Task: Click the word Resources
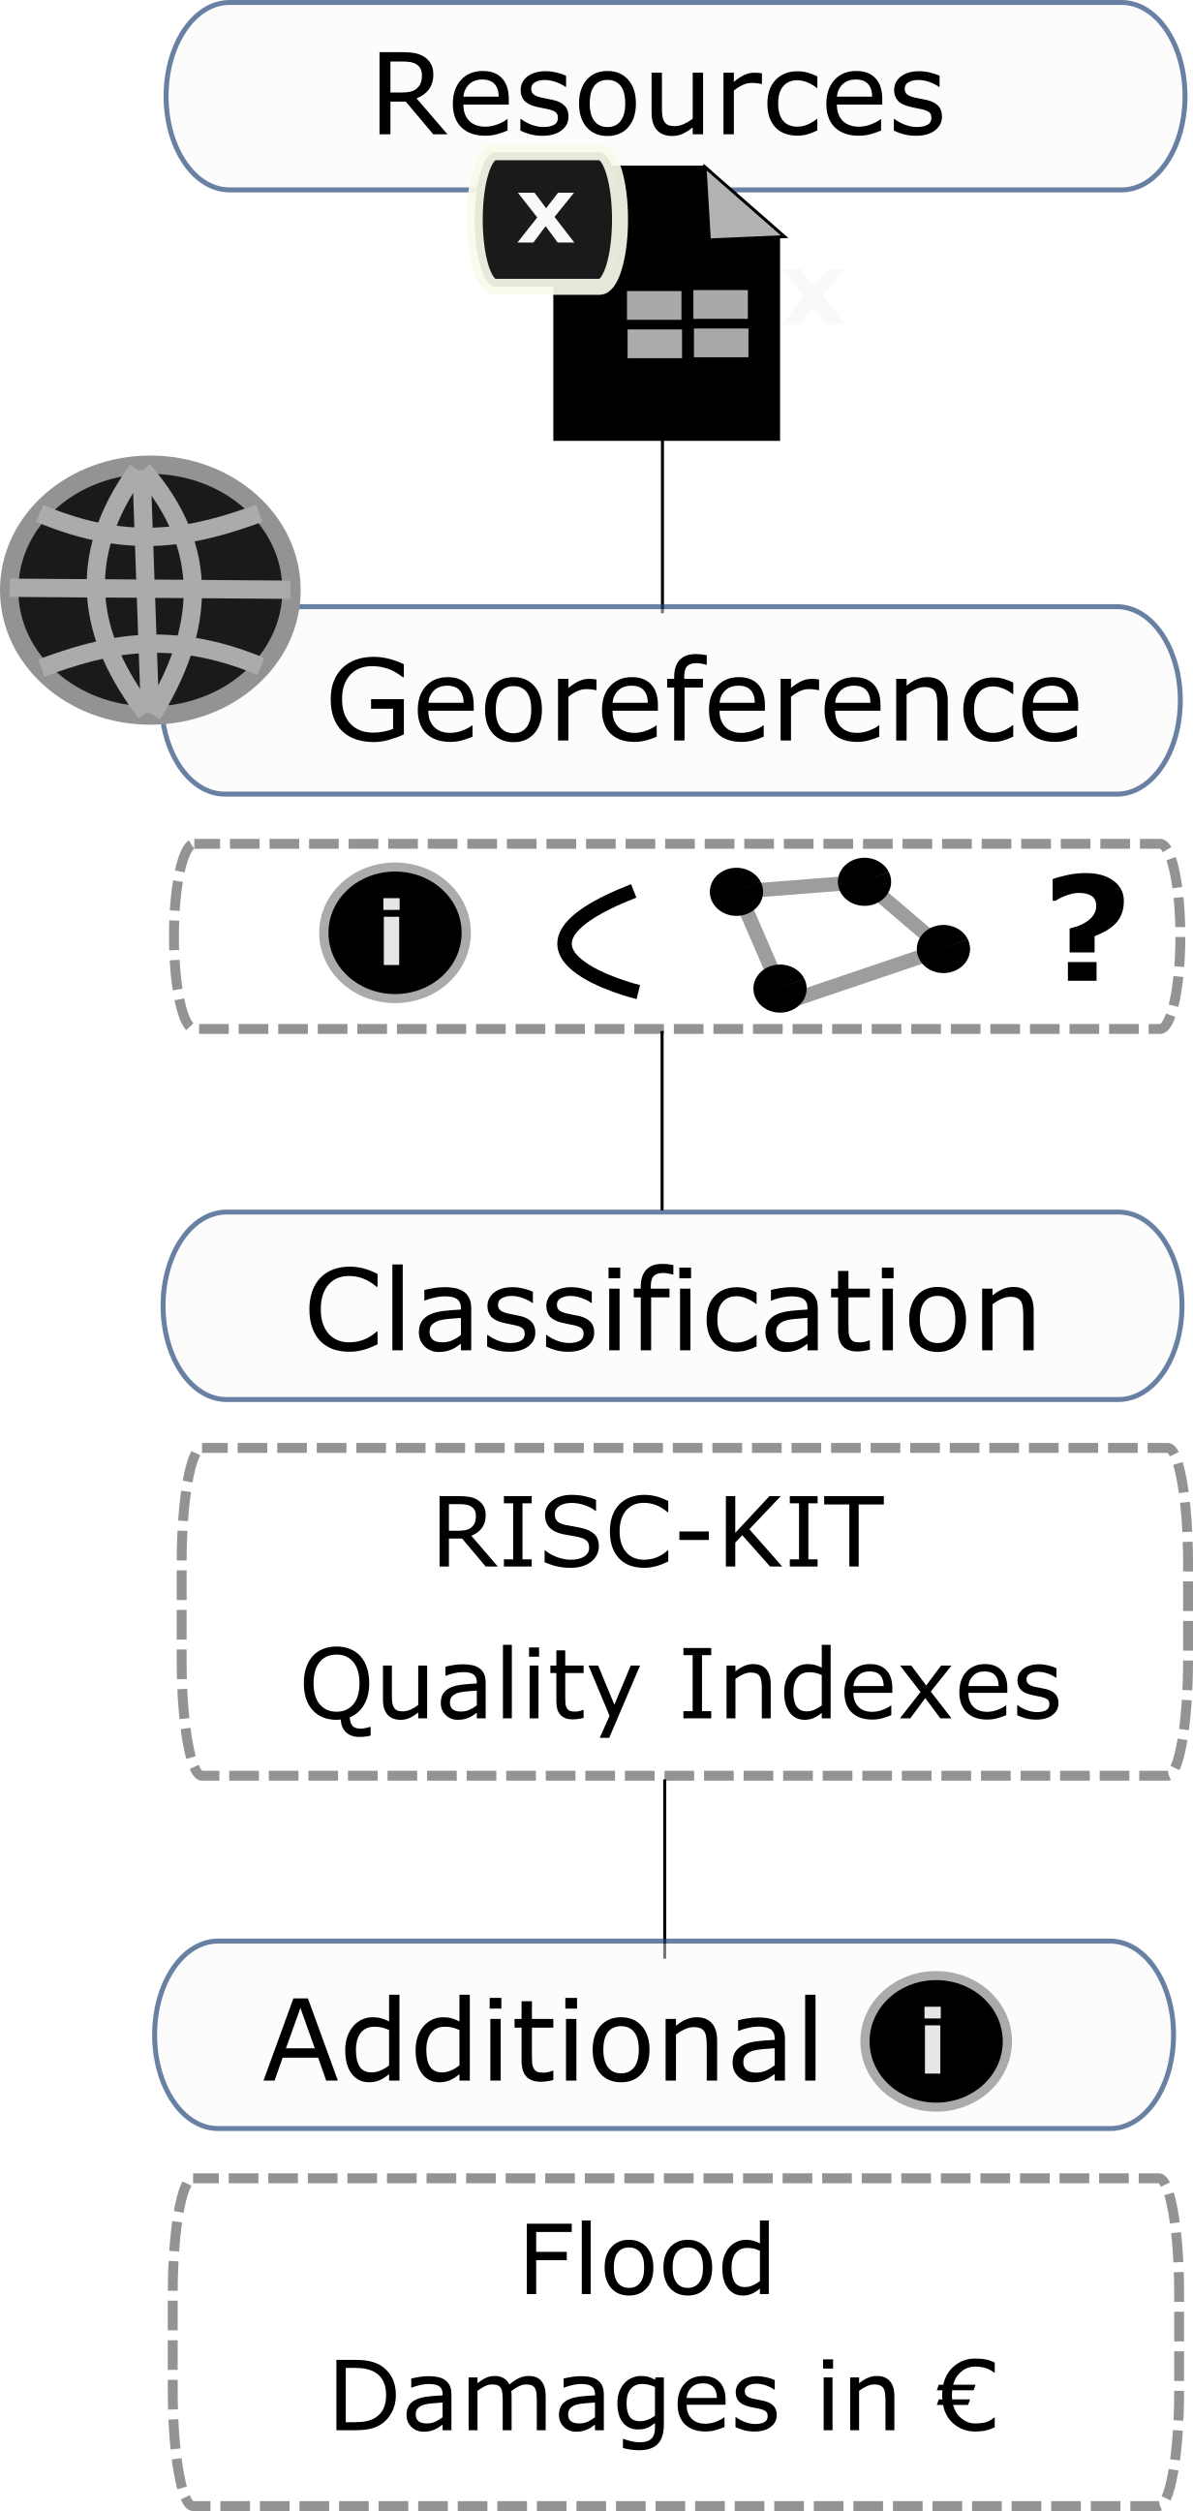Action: click(x=658, y=96)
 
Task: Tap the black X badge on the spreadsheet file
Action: click(x=547, y=218)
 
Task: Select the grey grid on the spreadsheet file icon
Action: click(x=688, y=323)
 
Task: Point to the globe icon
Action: click(x=149, y=590)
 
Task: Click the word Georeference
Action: click(x=703, y=701)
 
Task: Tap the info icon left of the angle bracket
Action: click(x=395, y=933)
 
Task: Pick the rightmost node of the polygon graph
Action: click(x=942, y=948)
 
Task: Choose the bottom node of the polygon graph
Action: click(x=779, y=989)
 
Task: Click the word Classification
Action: click(x=672, y=1310)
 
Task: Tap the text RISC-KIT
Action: click(x=658, y=1533)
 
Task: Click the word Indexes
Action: click(x=870, y=1684)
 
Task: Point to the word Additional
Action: click(x=542, y=2040)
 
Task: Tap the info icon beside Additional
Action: click(x=934, y=2040)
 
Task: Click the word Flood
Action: click(x=647, y=2259)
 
